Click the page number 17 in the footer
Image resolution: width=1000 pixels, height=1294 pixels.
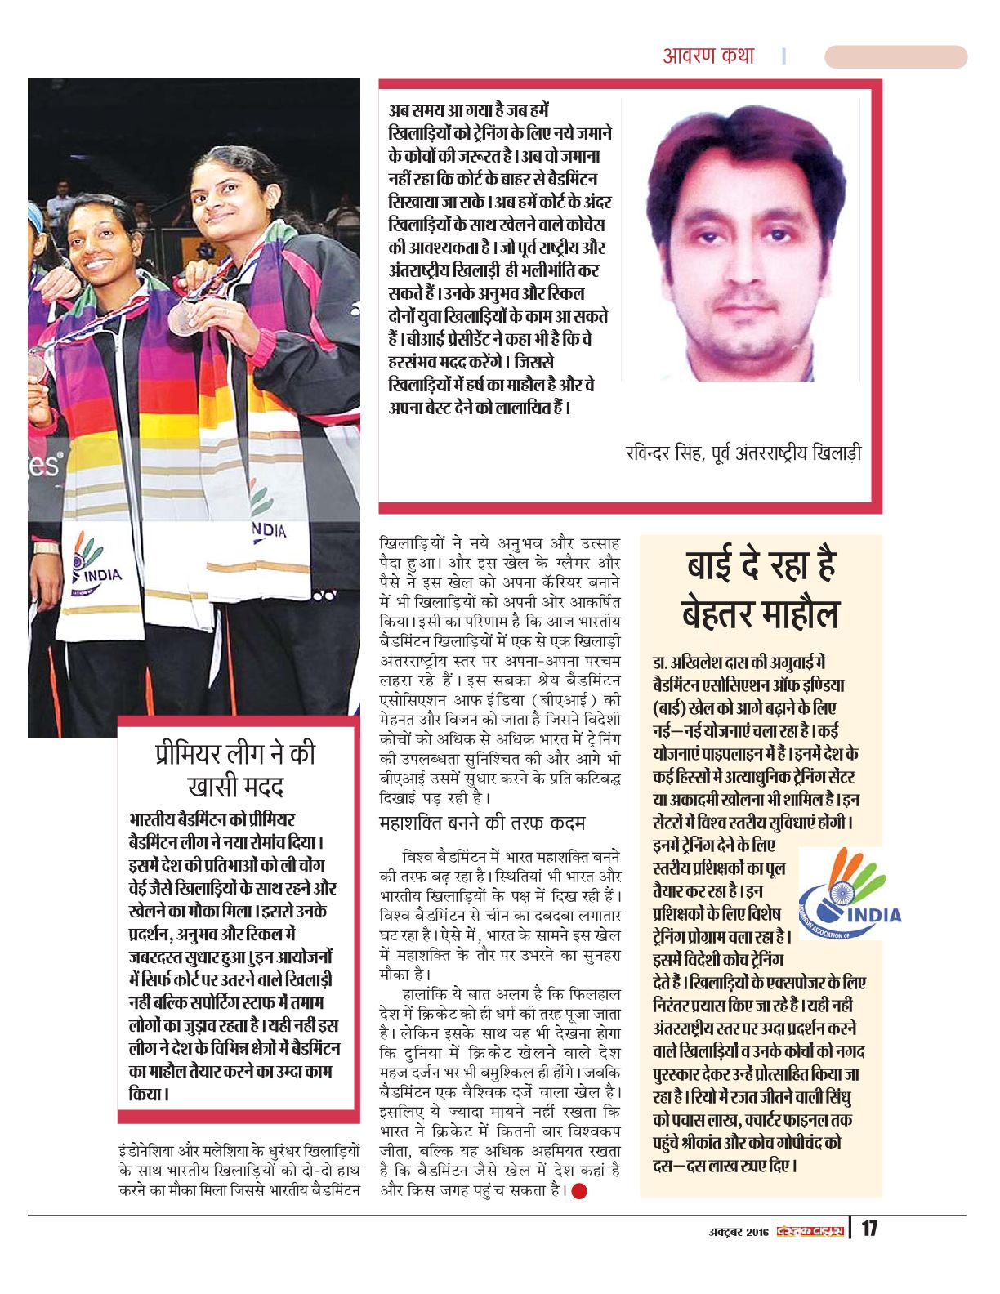868,1228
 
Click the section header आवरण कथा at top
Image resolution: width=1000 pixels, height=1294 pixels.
708,56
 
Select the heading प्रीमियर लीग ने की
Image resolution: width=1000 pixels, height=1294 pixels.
235,753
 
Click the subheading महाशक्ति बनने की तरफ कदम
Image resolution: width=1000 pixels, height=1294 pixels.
482,822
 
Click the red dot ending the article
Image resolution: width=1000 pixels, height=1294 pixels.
579,1191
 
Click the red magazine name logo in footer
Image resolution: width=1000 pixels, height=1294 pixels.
809,1231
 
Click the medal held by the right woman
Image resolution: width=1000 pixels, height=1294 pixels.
181,318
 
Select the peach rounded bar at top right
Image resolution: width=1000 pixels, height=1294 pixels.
895,56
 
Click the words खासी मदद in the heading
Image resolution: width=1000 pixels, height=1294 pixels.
235,788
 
